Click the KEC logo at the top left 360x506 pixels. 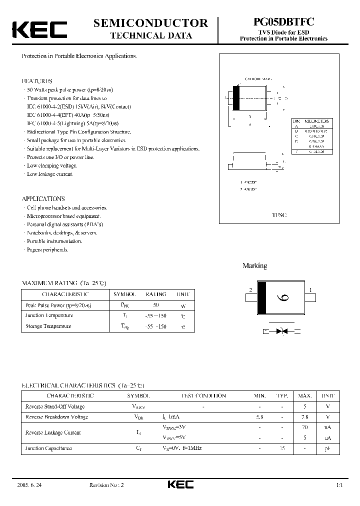tap(39, 29)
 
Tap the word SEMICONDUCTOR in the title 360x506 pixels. tap(150, 23)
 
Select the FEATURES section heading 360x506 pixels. tap(37, 81)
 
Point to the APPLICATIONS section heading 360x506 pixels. tap(43, 198)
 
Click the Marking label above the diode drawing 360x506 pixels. tap(254, 266)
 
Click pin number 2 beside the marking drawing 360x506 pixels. tap(250, 290)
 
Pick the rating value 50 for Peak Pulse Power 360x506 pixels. tap(155, 304)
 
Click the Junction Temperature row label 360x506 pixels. tap(49, 315)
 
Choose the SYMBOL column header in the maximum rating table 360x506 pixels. tap(124, 294)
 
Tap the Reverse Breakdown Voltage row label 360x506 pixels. tap(56, 417)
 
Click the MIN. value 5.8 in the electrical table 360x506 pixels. tap(260, 417)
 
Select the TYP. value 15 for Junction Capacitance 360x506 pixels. tap(282, 448)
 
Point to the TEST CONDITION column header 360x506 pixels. tap(203, 395)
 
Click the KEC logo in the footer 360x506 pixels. tap(180, 485)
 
